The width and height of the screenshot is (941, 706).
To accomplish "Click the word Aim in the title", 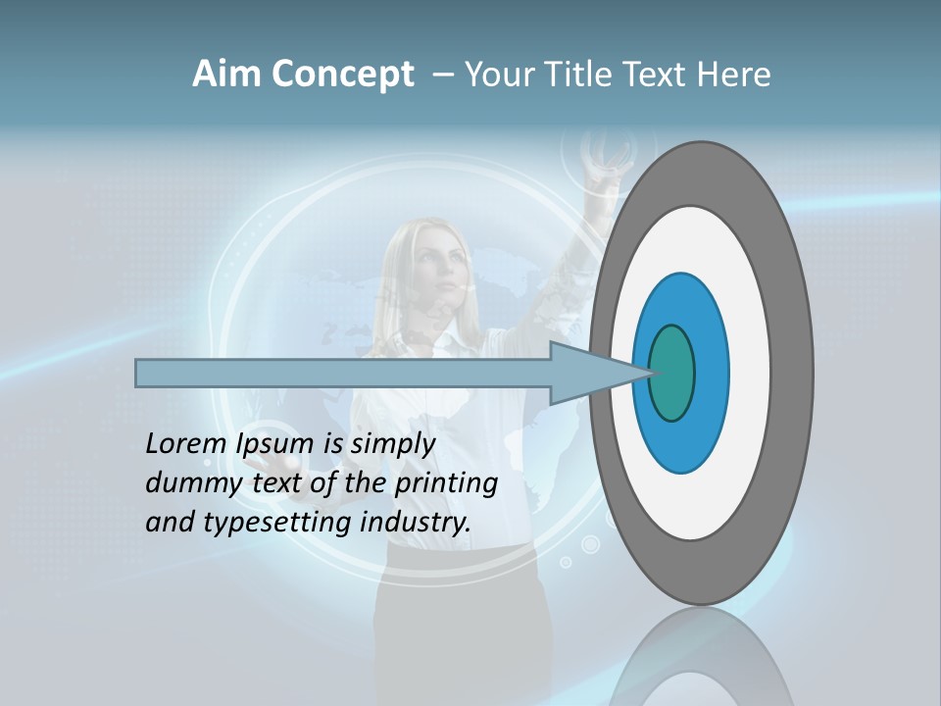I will click(x=227, y=75).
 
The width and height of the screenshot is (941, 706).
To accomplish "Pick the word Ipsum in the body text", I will click(x=275, y=444).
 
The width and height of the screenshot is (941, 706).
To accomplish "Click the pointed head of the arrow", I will click(x=598, y=373).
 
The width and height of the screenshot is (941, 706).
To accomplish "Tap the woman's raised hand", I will click(x=600, y=162).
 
